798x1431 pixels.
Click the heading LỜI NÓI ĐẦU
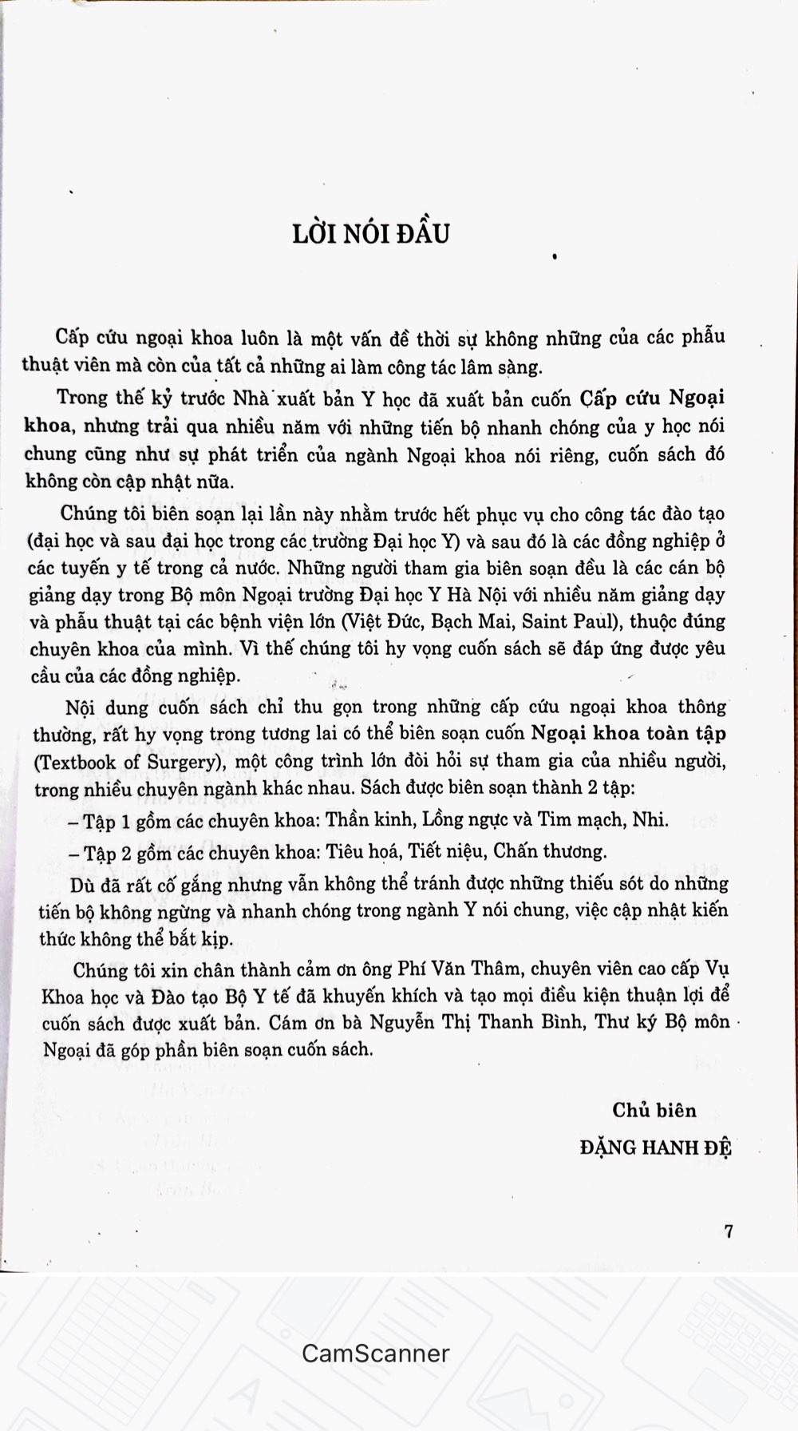370,232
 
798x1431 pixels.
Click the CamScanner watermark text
376,1353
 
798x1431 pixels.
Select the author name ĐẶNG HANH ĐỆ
656,1148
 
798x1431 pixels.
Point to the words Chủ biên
654,1110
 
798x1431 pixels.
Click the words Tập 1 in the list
110,820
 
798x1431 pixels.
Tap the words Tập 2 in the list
110,852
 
